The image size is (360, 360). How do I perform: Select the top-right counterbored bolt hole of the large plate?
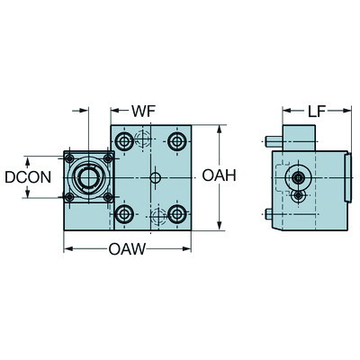[x=177, y=142]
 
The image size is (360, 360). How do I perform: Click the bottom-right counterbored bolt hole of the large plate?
[x=177, y=213]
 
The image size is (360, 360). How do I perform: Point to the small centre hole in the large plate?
[x=155, y=179]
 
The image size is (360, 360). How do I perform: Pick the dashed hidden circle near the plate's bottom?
[x=158, y=217]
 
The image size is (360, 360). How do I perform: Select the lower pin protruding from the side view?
[x=269, y=213]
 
